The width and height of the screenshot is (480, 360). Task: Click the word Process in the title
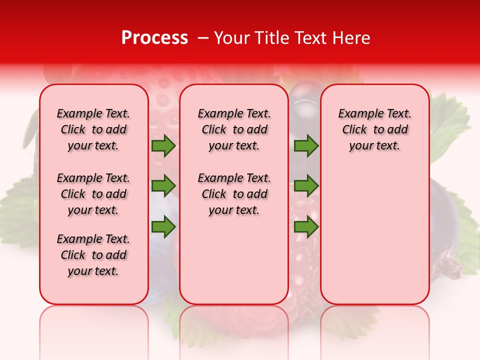tap(154, 38)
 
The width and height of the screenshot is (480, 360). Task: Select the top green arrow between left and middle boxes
tap(163, 146)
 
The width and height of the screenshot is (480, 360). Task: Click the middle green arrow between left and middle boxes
tap(163, 186)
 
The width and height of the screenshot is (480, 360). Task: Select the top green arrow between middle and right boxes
tap(306, 146)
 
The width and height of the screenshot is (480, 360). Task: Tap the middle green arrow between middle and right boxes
tap(306, 186)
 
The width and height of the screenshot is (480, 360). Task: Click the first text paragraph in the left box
tap(93, 129)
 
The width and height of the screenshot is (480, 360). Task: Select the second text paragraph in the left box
tap(93, 194)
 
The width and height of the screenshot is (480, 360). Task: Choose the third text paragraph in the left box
tap(93, 255)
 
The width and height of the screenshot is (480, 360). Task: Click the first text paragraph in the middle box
tap(234, 129)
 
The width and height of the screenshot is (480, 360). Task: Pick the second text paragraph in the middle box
tap(234, 194)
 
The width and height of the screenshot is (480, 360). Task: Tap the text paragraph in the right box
tap(374, 129)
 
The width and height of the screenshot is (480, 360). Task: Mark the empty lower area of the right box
tap(374, 235)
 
